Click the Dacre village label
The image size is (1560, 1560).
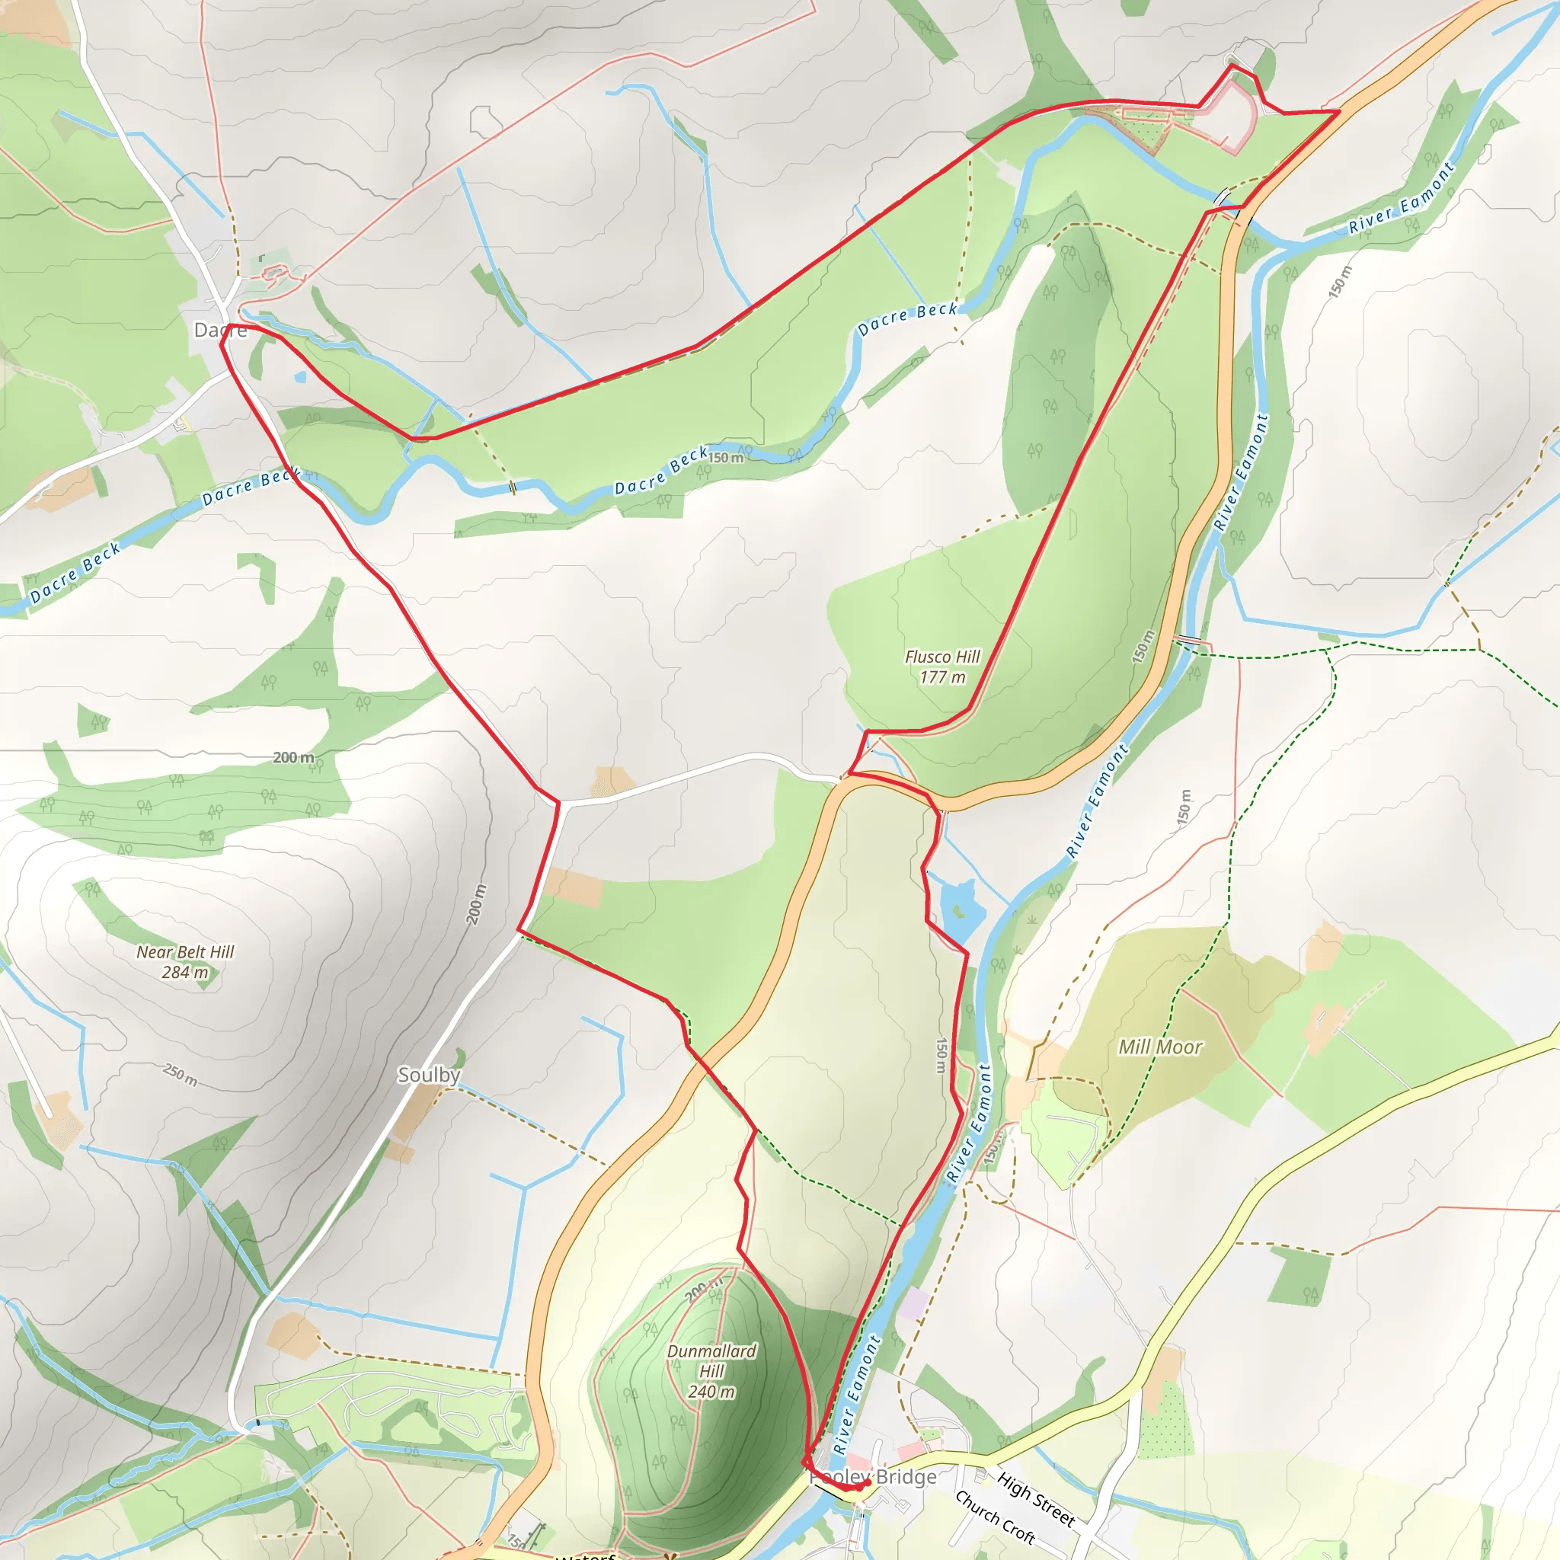click(x=219, y=331)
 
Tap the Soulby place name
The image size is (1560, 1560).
click(x=429, y=1075)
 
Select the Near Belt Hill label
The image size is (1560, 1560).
click(x=185, y=952)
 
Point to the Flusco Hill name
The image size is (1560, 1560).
click(x=942, y=657)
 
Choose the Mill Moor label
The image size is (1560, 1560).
click(x=1159, y=1047)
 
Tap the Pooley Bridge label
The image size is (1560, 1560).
click(x=874, y=1477)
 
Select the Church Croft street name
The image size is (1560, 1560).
click(x=995, y=1517)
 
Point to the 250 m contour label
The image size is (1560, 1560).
click(x=180, y=1075)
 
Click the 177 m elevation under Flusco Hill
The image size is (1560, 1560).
click(x=942, y=677)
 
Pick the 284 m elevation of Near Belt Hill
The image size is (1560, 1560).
click(x=185, y=972)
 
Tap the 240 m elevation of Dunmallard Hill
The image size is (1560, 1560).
click(x=711, y=1391)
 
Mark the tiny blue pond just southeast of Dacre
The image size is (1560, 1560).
click(x=300, y=376)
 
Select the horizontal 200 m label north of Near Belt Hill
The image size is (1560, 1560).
click(x=293, y=757)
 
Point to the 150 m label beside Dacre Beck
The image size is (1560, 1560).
click(x=726, y=458)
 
